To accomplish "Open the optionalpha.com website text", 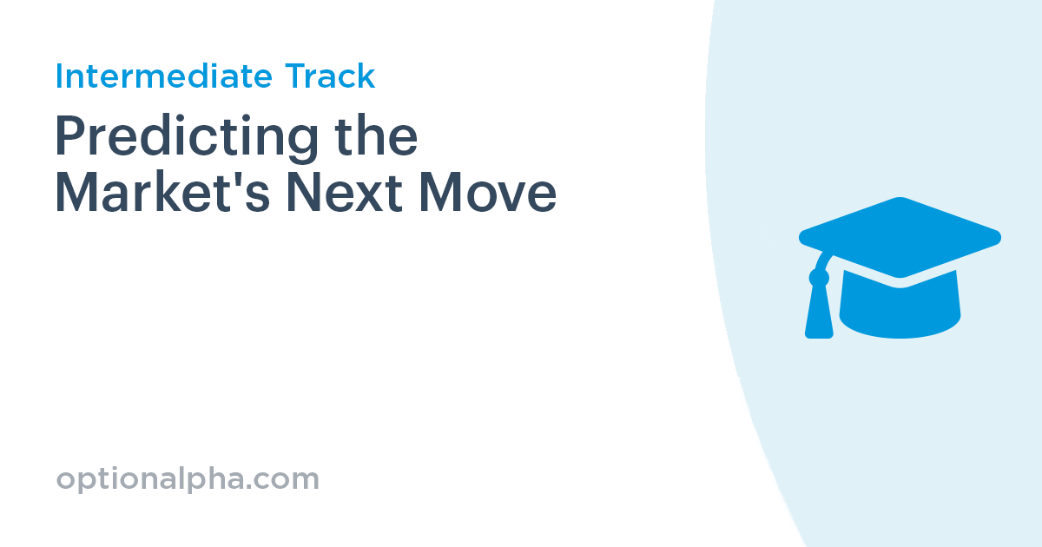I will click(x=188, y=479).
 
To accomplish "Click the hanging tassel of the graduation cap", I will click(x=819, y=313).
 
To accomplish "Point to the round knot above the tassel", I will click(x=819, y=278).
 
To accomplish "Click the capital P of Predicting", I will click(x=71, y=137).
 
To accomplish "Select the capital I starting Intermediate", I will click(x=59, y=76).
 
